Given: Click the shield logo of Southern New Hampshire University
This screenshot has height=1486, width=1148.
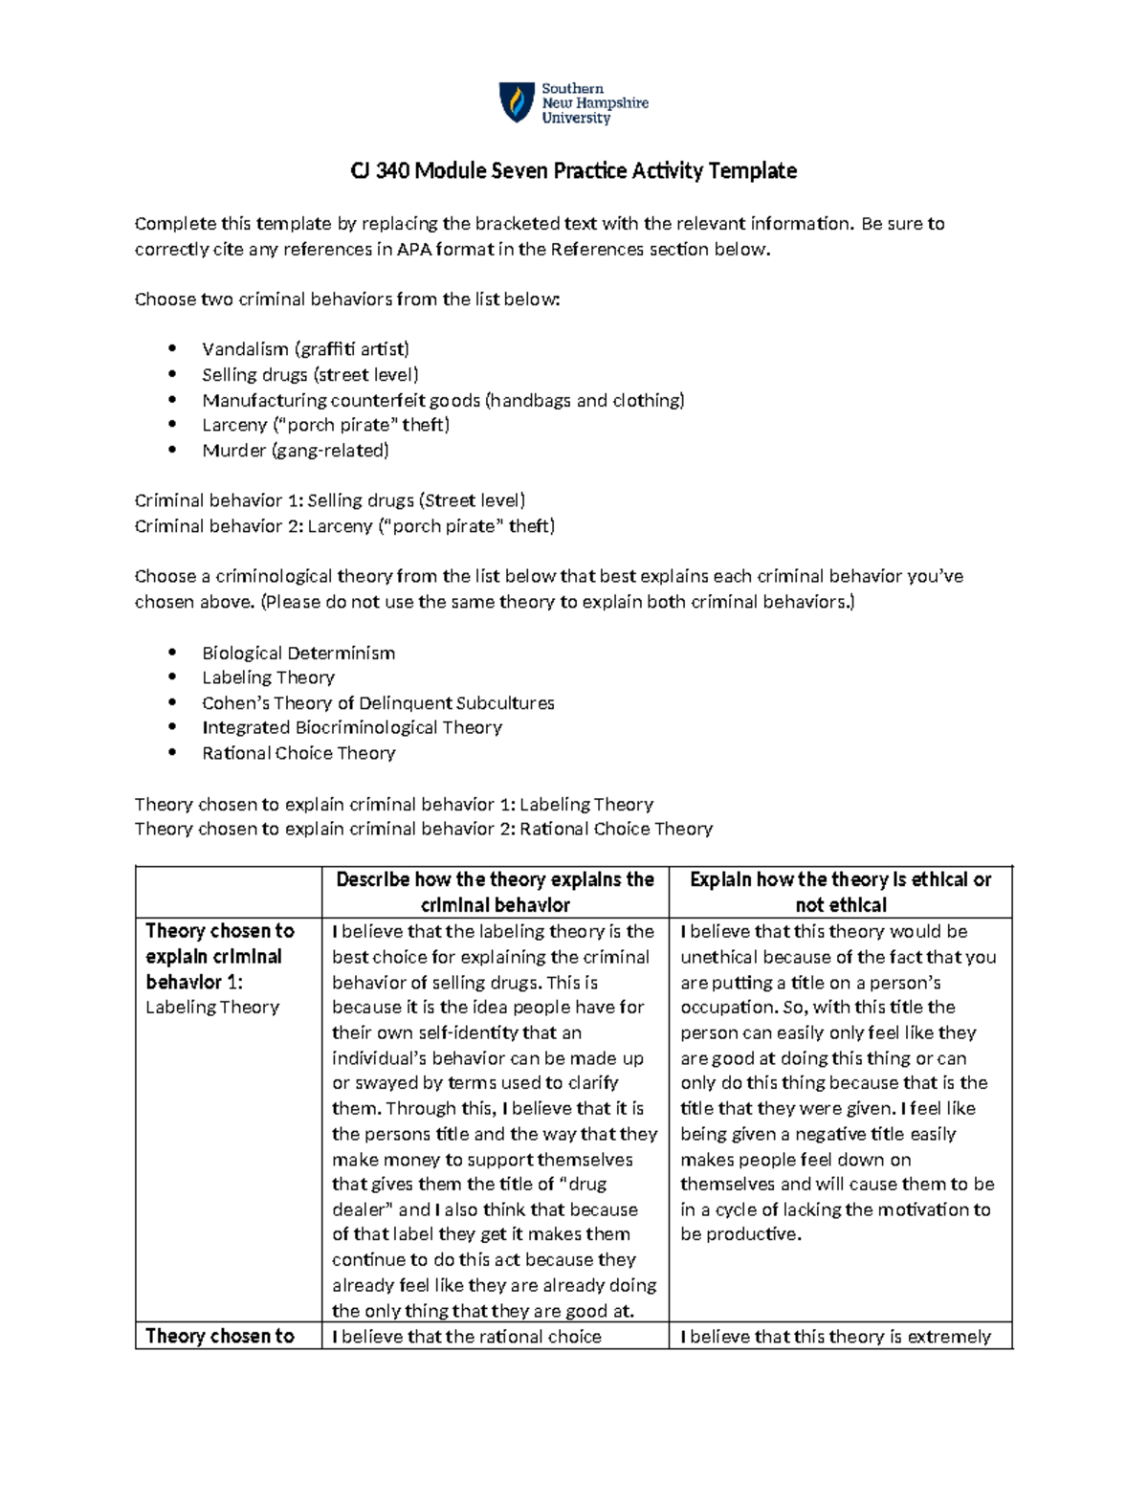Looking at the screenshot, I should coord(517,102).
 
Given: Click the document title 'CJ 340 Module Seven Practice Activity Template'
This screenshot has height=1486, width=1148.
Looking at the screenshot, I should coord(573,171).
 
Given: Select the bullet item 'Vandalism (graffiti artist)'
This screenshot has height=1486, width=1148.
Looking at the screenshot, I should coord(305,349).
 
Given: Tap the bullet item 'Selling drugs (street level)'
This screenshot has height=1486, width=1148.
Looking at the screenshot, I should coord(310,375).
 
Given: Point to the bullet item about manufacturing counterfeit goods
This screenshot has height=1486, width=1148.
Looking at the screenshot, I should coord(443,400).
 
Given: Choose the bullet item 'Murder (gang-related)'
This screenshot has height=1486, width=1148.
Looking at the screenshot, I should coord(296,451).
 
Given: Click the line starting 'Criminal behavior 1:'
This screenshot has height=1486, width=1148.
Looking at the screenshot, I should coord(330,500).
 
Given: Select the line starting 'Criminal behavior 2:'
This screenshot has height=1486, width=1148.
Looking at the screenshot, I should coord(344,526).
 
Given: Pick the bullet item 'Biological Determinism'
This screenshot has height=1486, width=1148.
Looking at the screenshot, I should coord(298,654).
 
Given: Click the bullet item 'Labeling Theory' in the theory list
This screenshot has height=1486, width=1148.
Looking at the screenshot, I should coord(268,677).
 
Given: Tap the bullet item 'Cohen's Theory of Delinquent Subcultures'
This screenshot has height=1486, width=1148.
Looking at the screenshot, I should coord(378,703).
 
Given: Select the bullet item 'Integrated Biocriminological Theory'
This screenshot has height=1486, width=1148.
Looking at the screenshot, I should coord(352,728).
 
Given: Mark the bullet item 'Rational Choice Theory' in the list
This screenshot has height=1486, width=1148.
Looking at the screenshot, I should coord(298,754).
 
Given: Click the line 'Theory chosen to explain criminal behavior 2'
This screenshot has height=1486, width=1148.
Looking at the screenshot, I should coord(424,830).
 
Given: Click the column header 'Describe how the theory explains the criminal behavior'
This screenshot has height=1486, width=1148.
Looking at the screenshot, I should coord(495,892).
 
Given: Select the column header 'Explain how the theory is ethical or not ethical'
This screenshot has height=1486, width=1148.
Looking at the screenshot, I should coord(840,892).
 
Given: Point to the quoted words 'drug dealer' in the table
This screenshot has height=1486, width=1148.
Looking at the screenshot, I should coord(469,1197).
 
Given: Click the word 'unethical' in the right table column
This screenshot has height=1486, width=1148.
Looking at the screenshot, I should coord(718,957).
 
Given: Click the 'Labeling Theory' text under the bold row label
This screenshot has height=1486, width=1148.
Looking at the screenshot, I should coord(212,1008).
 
